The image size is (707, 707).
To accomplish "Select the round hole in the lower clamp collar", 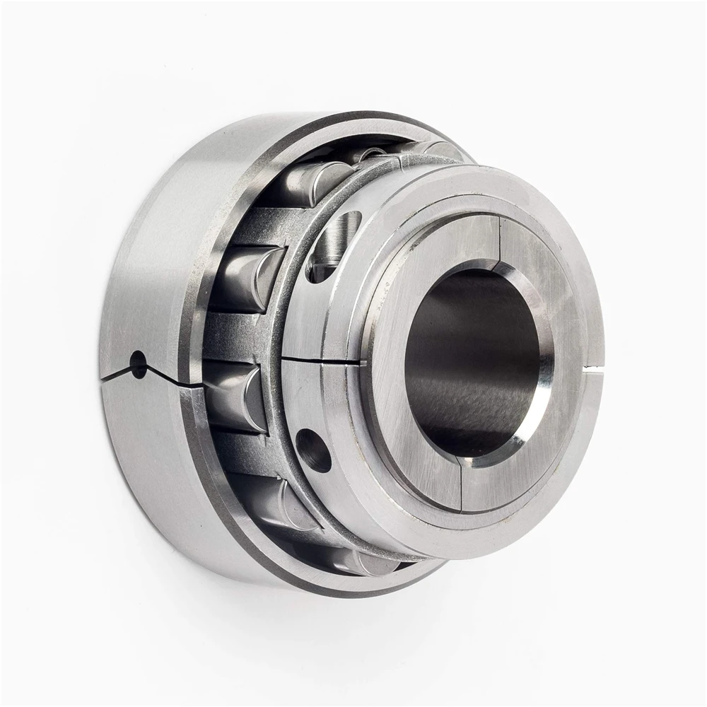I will point(314,450).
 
